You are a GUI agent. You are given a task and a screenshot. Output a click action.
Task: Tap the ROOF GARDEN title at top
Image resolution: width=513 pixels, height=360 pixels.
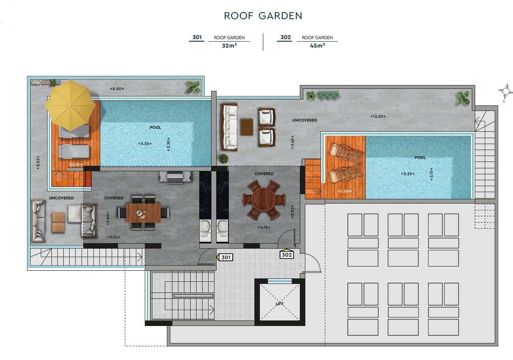point(263,16)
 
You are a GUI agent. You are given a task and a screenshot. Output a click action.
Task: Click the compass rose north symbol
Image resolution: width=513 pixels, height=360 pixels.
point(506,91)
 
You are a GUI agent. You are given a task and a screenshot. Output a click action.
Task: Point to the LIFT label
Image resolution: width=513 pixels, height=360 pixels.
point(279,304)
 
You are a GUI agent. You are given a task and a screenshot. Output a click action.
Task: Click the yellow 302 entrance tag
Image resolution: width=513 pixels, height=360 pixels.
point(287,255)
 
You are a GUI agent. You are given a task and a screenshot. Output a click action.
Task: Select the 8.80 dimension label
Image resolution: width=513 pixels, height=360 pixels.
point(117,89)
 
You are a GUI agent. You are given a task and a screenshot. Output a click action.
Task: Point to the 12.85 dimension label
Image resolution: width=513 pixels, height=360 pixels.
point(378,116)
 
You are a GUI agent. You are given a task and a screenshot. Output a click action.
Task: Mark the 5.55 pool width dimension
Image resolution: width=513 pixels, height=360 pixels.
point(146,144)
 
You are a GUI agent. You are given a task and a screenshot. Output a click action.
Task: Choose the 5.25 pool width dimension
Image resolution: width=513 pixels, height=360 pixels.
point(407,173)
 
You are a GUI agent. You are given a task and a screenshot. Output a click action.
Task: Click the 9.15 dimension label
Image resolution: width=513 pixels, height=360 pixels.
point(114,237)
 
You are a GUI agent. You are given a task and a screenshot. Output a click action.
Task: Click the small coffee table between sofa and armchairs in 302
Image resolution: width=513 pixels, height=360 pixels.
point(247,127)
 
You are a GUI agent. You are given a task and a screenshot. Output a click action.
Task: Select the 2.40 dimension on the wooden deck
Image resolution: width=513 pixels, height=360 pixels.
point(75,164)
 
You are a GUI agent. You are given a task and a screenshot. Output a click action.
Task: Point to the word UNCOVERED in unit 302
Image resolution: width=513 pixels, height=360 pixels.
point(304,120)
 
